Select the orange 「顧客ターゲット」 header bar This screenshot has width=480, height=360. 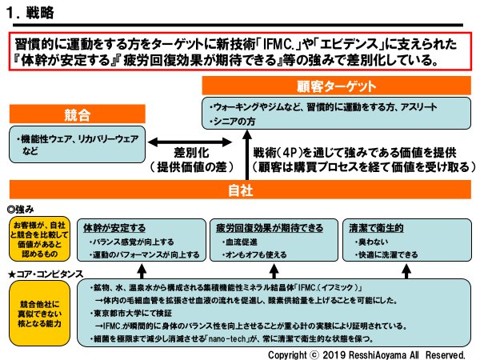[334, 85]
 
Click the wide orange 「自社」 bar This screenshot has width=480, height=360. [240, 190]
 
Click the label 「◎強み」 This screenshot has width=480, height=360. [24, 206]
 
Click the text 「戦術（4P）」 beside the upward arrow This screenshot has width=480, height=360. [282, 152]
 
